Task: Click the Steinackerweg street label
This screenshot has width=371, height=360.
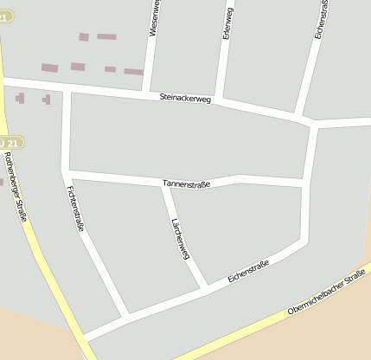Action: pyautogui.click(x=185, y=99)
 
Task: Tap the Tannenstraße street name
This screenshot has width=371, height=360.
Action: pyautogui.click(x=186, y=183)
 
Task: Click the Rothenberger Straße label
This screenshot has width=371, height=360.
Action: pyautogui.click(x=16, y=186)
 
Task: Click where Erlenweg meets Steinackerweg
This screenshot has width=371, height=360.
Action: pyautogui.click(x=221, y=100)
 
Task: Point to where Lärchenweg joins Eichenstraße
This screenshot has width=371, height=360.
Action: pyautogui.click(x=206, y=286)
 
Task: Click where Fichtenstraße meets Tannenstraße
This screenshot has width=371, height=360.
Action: pyautogui.click(x=66, y=170)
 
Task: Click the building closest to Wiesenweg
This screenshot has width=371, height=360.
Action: pyautogui.click(x=133, y=72)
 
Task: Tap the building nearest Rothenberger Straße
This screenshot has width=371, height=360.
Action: pyautogui.click(x=19, y=99)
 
